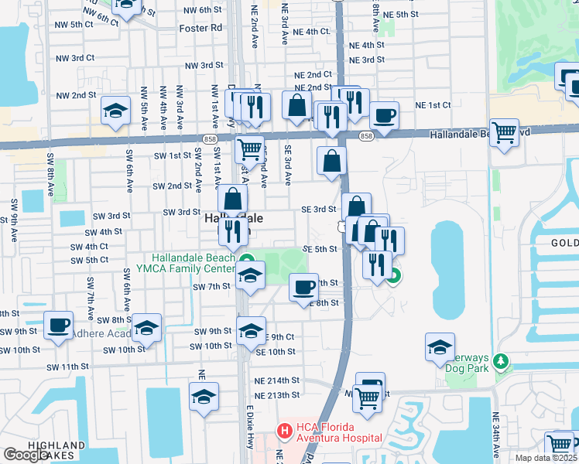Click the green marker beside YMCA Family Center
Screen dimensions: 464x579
[247, 260]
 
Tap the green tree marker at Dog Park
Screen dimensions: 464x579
[501, 361]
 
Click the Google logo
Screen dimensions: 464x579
[26, 455]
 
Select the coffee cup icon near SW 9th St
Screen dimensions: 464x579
[59, 325]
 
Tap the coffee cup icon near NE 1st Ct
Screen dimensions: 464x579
[384, 115]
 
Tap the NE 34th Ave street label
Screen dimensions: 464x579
[495, 438]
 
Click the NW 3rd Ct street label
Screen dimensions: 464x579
[75, 58]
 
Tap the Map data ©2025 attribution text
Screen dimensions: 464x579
[546, 458]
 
